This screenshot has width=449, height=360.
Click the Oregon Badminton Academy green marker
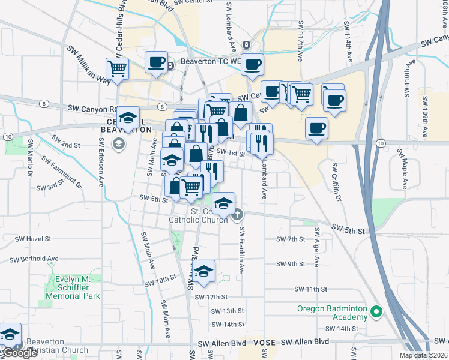pyautogui.click(x=376, y=312)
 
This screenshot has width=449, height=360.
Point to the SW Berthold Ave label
pyautogui.click(x=34, y=259)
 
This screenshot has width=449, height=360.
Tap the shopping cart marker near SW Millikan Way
pyautogui.click(x=117, y=68)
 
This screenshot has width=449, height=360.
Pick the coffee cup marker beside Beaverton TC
pyautogui.click(x=156, y=62)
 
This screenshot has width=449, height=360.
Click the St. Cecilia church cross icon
pyautogui.click(x=237, y=214)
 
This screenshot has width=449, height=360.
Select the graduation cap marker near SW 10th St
pyautogui.click(x=204, y=271)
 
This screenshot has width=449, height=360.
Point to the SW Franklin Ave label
pyautogui.click(x=241, y=251)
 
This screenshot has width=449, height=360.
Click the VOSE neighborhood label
pyautogui.click(x=264, y=342)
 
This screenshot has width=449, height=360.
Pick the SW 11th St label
pyautogui.click(x=310, y=289)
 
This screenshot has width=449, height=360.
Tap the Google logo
pyautogui.click(x=20, y=353)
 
